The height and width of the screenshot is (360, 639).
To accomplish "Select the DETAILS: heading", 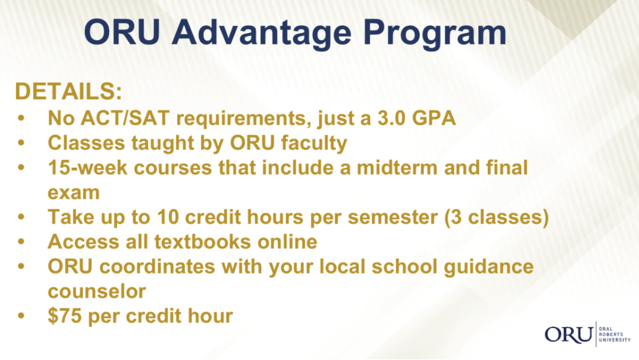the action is [69, 91].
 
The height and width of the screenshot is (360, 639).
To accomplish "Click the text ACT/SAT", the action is [125, 118].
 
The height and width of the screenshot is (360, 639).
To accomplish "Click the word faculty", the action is [314, 144].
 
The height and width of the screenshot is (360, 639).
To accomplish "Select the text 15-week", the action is [87, 168].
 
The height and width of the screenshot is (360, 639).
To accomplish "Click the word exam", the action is [74, 193].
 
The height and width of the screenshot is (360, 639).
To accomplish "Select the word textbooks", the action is [202, 242].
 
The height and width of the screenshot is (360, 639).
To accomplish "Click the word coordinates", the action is [157, 267].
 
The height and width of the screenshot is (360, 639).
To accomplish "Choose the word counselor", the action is [97, 291].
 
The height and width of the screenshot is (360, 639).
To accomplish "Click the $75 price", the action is [65, 316].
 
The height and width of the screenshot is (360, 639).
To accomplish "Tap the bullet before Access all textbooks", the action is [21, 242].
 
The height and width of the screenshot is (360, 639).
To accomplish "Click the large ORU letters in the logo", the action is [569, 334].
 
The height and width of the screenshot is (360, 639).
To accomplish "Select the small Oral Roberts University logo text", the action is [615, 334].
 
